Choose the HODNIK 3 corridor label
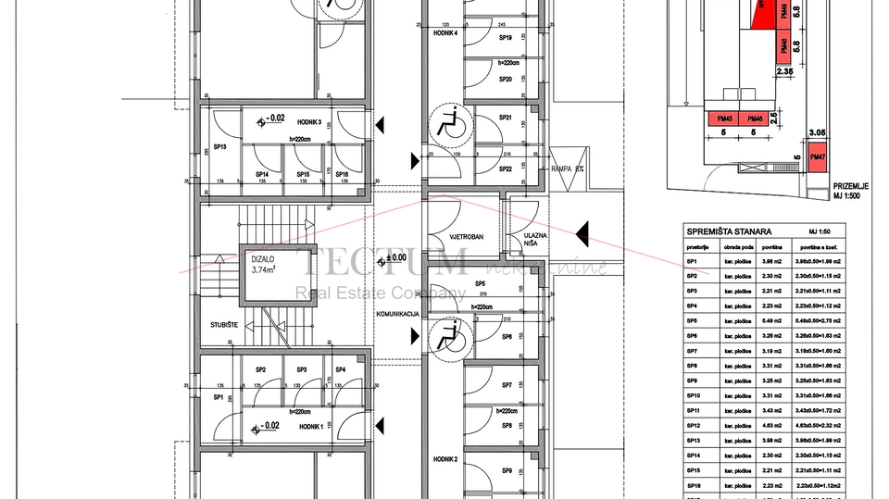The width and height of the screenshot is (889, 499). [308, 122]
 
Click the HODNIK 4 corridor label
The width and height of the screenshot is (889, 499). [444, 31]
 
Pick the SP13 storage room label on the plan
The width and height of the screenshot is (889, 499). [220, 146]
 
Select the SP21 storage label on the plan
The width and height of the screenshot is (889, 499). [506, 118]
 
